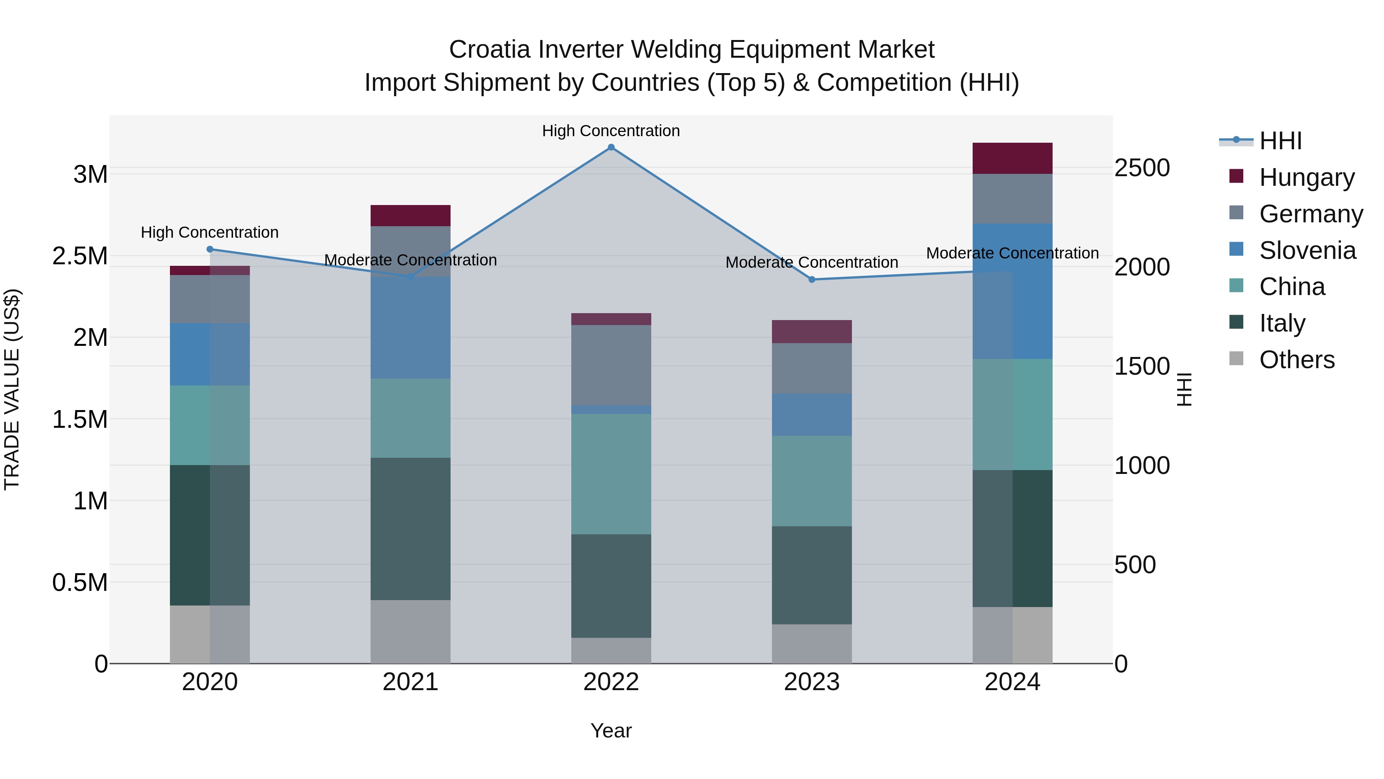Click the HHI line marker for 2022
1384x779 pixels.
tap(611, 147)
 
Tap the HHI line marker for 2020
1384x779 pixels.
tap(210, 249)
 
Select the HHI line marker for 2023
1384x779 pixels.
tap(812, 280)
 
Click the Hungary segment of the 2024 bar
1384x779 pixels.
tap(1012, 158)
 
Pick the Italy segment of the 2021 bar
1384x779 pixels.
tap(411, 529)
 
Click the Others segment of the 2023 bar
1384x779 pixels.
tap(812, 644)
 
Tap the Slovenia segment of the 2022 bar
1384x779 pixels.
tap(611, 410)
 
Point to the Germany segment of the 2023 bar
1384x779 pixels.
tap(812, 368)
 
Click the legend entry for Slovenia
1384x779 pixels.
tap(1307, 250)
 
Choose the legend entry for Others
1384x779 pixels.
tap(1296, 360)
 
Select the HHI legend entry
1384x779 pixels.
tap(1280, 141)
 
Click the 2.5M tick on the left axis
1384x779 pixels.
tap(80, 256)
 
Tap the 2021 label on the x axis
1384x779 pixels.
tap(411, 682)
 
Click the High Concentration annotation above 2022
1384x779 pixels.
tap(611, 131)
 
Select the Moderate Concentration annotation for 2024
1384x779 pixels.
tap(1012, 253)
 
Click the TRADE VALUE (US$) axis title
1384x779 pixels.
tap(12, 389)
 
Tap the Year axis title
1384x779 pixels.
tap(611, 731)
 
